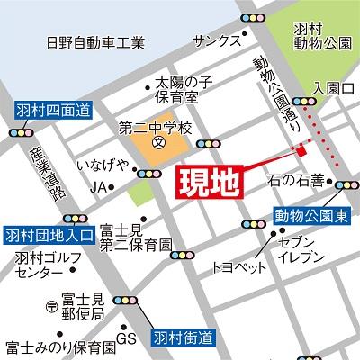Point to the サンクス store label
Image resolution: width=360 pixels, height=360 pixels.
[218, 40]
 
